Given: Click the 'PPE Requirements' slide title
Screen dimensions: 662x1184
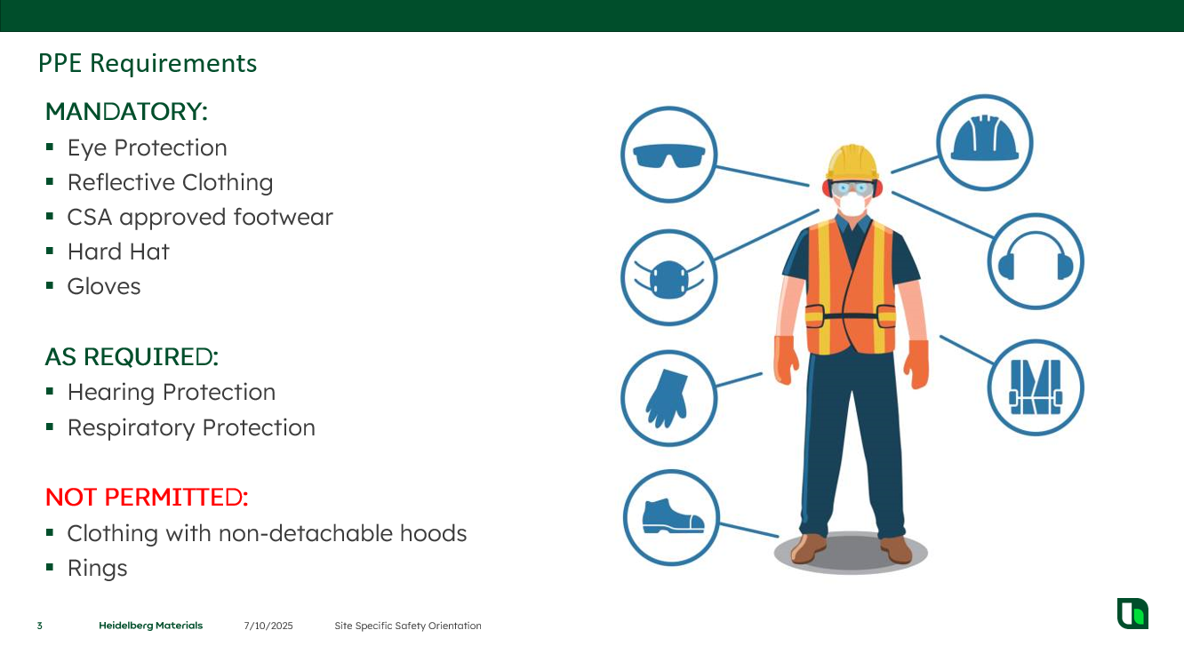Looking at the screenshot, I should pos(148,63).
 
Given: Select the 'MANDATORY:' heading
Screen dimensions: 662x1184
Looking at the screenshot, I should pos(126,112).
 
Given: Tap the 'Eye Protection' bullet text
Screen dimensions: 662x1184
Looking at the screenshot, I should pos(148,148).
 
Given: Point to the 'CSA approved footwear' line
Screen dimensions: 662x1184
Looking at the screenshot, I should pos(200,217).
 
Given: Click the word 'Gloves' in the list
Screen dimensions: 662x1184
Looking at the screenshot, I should pos(104,286).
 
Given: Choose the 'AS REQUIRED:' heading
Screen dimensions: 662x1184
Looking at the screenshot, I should pos(132,356).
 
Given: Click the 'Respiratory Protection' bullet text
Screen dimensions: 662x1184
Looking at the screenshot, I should pos(191,427).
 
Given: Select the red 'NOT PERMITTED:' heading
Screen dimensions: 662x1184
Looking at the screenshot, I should pos(147,497).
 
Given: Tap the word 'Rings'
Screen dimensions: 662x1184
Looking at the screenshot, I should pos(98,568).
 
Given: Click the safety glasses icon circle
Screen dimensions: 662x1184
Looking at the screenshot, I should pos(668,155).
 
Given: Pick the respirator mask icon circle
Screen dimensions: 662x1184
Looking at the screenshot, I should pos(668,277).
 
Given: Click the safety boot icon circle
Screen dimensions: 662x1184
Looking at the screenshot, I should pos(671,518).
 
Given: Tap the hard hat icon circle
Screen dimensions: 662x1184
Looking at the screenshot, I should pos(984,142).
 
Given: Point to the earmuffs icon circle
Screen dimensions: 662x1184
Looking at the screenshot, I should pos(1036,261).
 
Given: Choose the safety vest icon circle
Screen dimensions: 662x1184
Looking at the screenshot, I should pos(1036,387).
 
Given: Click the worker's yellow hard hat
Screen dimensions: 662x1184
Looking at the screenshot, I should pos(852,163).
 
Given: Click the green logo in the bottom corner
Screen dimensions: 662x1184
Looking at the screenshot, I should pos(1132,614).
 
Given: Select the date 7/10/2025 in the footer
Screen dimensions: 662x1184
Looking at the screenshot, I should pos(268,626).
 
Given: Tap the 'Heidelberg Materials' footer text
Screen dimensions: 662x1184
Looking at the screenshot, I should pos(150,626).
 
